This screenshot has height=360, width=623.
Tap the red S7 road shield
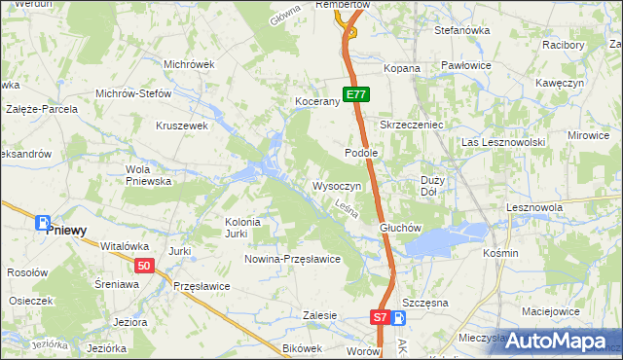380,317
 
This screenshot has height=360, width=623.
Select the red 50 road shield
144,266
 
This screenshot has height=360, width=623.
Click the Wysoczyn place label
337,185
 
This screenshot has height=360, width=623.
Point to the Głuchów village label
399,228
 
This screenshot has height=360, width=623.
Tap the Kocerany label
316,101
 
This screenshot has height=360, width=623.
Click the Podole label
361,153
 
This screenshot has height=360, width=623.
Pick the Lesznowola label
535,208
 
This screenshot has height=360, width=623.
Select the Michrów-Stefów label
132,94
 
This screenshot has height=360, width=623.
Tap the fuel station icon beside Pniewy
43,223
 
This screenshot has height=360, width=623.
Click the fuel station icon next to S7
398,317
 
